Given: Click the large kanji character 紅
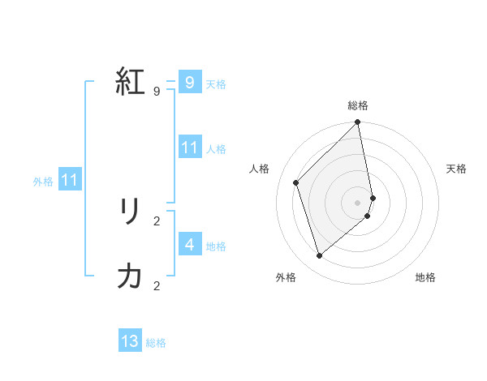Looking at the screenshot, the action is pyautogui.click(x=130, y=81).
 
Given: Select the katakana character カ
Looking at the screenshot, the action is pyautogui.click(x=130, y=276).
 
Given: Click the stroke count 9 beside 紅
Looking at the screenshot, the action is pyautogui.click(x=157, y=92).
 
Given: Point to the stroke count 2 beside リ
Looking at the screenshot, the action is pyautogui.click(x=157, y=220).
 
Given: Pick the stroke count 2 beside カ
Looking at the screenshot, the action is pyautogui.click(x=157, y=285).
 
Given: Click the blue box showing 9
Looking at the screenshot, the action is pyautogui.click(x=189, y=83).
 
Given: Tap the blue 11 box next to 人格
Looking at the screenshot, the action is pyautogui.click(x=189, y=148).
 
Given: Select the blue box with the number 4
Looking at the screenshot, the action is pyautogui.click(x=189, y=244).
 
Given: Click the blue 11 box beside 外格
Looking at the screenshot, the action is pyautogui.click(x=70, y=180).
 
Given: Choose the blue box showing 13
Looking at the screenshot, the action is pyautogui.click(x=130, y=341).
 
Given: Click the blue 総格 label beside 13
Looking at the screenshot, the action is pyautogui.click(x=156, y=343).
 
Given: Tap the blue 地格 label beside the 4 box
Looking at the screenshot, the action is pyautogui.click(x=216, y=246).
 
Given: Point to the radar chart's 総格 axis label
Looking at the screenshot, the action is pyautogui.click(x=358, y=105).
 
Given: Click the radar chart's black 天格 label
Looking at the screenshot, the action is pyautogui.click(x=456, y=169).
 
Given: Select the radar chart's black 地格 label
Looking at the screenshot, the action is pyautogui.click(x=425, y=277).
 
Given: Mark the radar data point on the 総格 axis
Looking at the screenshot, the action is pyautogui.click(x=358, y=123).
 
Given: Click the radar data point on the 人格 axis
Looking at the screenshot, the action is pyautogui.click(x=296, y=182).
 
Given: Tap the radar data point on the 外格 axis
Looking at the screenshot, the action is pyautogui.click(x=320, y=255).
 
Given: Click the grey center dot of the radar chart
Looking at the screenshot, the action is pyautogui.click(x=358, y=202).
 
